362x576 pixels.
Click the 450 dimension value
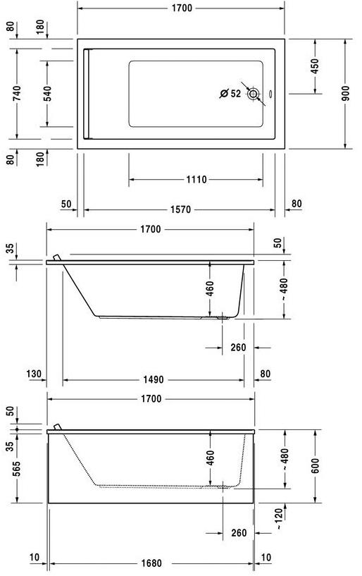click(315, 65)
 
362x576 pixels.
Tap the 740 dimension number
click(15, 94)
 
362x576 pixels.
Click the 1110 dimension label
click(196, 180)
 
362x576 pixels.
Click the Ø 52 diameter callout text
click(230, 93)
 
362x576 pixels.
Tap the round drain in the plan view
click(254, 94)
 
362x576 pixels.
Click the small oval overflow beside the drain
click(273, 94)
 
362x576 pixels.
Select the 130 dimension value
click(35, 374)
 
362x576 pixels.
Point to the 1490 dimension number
click(154, 379)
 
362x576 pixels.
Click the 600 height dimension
click(316, 465)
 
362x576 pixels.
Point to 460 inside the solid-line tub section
click(210, 288)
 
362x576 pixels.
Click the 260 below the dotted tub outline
click(238, 532)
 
